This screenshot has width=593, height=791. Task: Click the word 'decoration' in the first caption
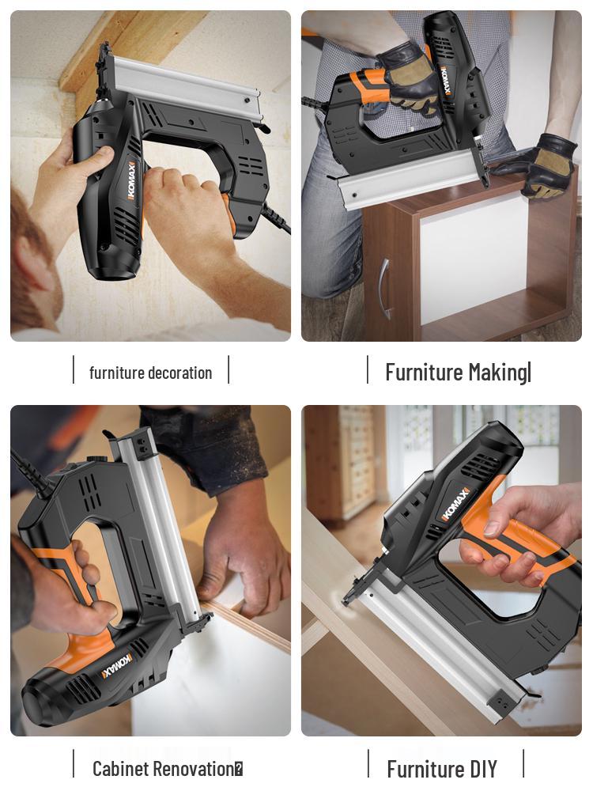pyautogui.click(x=180, y=373)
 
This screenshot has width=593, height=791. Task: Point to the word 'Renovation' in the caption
pyautogui.click(x=193, y=770)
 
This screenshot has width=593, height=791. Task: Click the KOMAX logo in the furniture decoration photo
pyautogui.click(x=132, y=180)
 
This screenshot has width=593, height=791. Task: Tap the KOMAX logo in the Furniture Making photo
pyautogui.click(x=446, y=81)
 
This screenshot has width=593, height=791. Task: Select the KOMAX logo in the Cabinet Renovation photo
pyautogui.click(x=117, y=666)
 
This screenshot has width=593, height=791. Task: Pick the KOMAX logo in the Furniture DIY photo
pyautogui.click(x=455, y=503)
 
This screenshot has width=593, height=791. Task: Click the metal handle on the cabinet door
pyautogui.click(x=385, y=289)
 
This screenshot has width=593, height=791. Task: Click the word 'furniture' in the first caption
pyautogui.click(x=116, y=373)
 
